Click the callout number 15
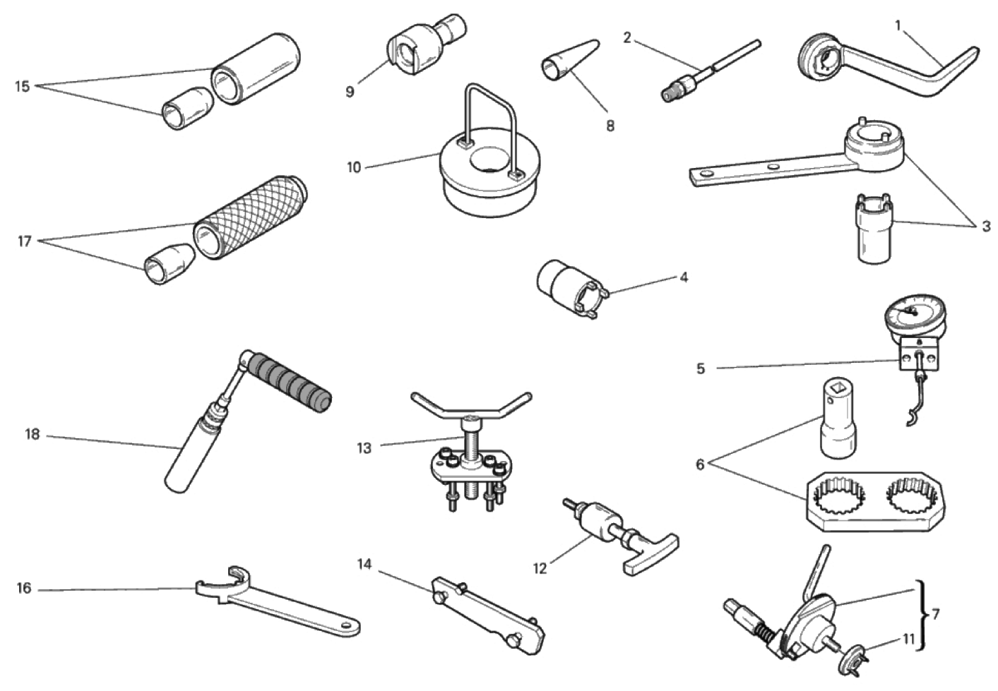tap(23, 86)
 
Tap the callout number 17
tap(25, 241)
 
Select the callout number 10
tap(354, 168)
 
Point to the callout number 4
tap(684, 277)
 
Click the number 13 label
tap(364, 448)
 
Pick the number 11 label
tap(909, 639)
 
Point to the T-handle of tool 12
tap(651, 552)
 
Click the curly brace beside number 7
tap(922, 615)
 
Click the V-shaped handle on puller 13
tap(471, 408)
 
